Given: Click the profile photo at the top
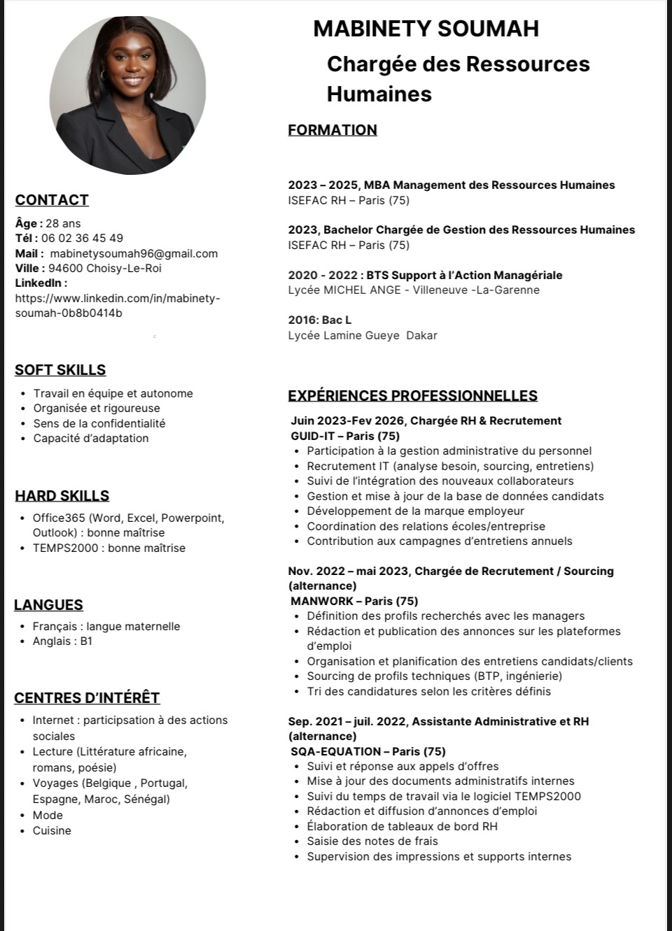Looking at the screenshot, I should (x=128, y=96).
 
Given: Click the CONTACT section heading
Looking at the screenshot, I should (x=52, y=200).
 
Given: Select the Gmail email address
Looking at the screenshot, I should (x=134, y=253).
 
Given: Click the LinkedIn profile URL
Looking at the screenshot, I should (x=118, y=306).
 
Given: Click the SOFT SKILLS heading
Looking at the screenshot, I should (x=60, y=370).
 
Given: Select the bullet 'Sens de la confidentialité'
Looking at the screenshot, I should (x=99, y=423).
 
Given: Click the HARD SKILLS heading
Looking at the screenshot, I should (x=62, y=496).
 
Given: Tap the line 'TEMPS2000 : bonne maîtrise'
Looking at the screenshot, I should (x=109, y=548).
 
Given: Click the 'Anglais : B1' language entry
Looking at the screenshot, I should (x=62, y=641).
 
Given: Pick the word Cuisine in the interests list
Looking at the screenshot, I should (x=52, y=830).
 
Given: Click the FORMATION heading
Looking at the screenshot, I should (x=332, y=130).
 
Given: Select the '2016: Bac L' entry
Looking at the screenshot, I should (x=320, y=320).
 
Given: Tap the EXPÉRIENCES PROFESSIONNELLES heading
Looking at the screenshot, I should (x=413, y=396).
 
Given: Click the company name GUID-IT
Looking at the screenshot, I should (x=312, y=436).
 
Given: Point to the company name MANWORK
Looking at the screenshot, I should (x=322, y=601).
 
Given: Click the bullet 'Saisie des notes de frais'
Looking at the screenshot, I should (x=372, y=841).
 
